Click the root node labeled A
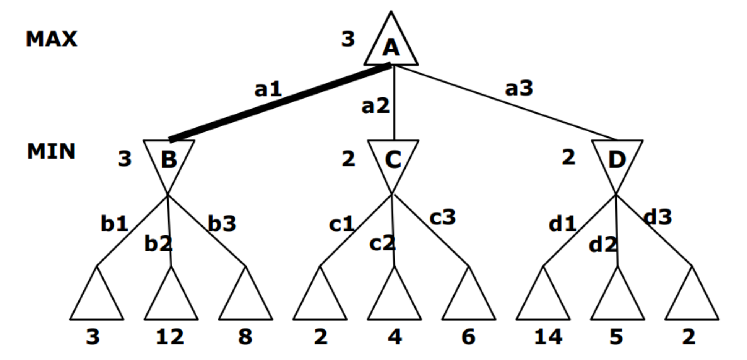[391, 46]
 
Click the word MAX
[52, 39]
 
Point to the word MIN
[51, 151]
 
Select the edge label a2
[375, 106]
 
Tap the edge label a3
[519, 88]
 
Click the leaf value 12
[170, 337]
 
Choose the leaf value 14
[548, 337]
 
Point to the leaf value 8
[245, 337]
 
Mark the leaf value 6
[468, 337]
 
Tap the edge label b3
[222, 224]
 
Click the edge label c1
[342, 224]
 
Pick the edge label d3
[658, 217]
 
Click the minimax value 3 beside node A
[348, 39]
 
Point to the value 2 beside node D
[568, 157]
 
